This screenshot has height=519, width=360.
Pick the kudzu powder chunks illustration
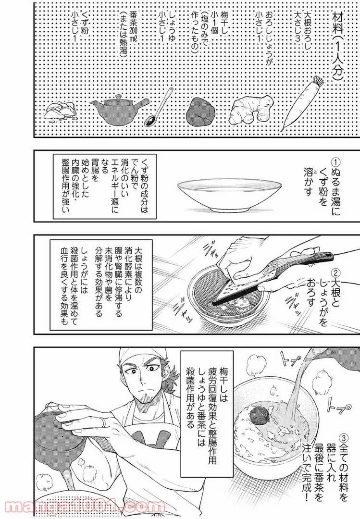click(60, 111)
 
